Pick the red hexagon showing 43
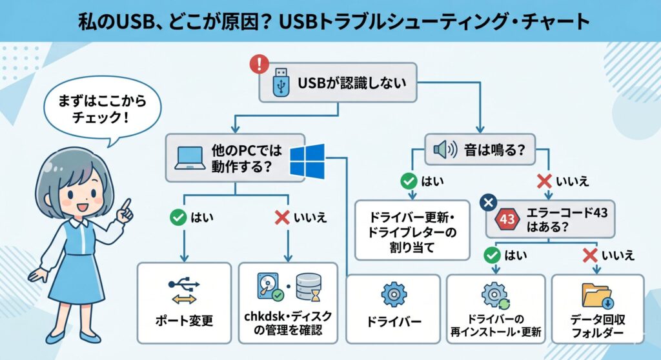point(507,219)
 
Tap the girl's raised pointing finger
point(126,206)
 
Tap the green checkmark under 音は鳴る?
point(408,181)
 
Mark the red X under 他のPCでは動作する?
point(282,217)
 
